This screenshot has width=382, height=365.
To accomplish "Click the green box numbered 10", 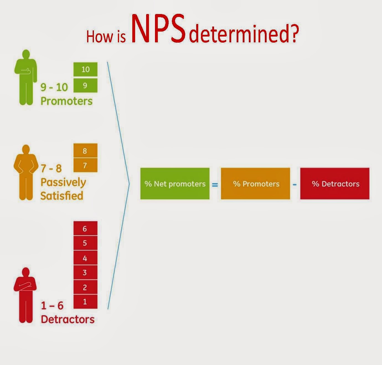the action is tap(85, 69).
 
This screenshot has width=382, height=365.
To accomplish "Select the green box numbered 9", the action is tap(85, 85).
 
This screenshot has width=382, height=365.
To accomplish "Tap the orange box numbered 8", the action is tap(85, 151).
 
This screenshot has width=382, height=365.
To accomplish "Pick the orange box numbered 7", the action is tap(85, 165).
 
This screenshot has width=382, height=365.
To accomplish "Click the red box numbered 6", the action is tap(85, 229).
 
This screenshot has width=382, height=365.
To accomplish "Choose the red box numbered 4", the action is tap(85, 258).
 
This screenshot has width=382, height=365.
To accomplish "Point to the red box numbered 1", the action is tap(85, 301).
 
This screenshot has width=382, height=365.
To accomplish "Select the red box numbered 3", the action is tap(85, 273).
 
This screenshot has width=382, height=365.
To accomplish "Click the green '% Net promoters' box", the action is tap(175, 184).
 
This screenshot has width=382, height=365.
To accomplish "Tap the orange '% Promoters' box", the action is tap(255, 184).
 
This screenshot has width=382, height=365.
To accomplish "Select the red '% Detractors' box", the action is tap(335, 184).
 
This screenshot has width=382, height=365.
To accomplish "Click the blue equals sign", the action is tap(215, 184).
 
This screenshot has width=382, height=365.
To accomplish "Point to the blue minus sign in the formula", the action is tap(295, 184).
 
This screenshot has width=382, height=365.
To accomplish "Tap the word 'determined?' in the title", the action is tap(244, 35).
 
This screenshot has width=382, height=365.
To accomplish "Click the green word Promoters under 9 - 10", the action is tap(66, 101).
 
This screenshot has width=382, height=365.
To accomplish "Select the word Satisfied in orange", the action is tap(62, 195).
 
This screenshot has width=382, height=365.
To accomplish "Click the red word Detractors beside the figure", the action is tap(68, 319).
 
